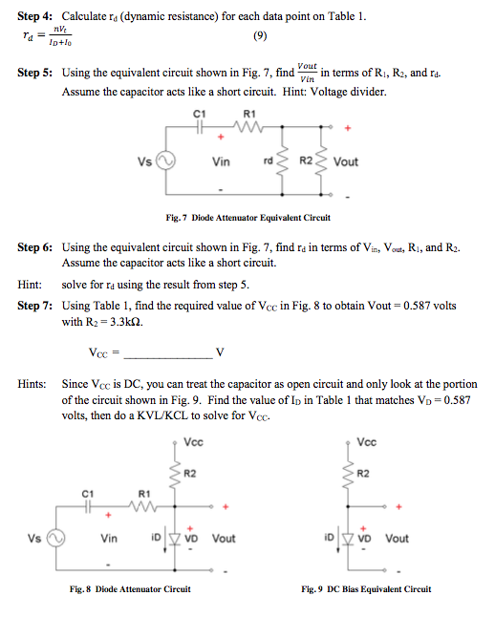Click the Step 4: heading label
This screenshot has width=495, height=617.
tap(37, 18)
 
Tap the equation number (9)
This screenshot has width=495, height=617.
tap(260, 37)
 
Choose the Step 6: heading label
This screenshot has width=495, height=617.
tap(37, 247)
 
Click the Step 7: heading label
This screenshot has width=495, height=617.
tap(37, 307)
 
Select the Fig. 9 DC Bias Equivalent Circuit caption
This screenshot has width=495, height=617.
tap(366, 588)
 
